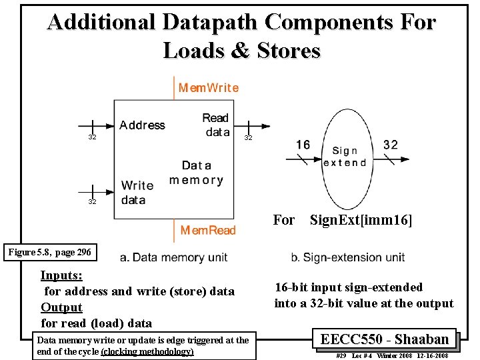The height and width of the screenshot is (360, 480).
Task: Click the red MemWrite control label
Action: click(208, 87)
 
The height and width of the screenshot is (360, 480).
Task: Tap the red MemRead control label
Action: click(208, 230)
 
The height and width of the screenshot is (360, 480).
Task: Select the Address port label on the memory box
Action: click(142, 125)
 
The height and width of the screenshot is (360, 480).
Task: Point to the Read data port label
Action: click(216, 125)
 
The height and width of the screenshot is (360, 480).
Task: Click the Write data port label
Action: click(137, 193)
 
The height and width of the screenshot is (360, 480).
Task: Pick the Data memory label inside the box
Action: click(196, 172)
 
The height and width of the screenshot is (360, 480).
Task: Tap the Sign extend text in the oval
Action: click(345, 157)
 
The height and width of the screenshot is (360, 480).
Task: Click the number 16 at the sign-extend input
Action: click(303, 145)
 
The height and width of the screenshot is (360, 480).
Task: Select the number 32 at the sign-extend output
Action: click(391, 144)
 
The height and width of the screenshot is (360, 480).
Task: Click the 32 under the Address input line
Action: click(92, 137)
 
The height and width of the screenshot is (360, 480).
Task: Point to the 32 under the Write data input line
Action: click(92, 201)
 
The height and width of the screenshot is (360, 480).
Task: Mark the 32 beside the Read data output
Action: click(248, 137)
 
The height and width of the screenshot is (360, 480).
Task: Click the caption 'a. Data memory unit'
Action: click(174, 257)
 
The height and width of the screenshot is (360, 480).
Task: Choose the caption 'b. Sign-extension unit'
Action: click(347, 257)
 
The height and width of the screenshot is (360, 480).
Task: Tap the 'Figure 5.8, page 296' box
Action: click(50, 252)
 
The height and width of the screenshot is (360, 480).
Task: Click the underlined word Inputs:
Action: click(61, 275)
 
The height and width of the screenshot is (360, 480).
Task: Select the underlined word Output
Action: click(61, 307)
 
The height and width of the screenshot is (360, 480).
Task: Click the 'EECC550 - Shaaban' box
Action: click(384, 339)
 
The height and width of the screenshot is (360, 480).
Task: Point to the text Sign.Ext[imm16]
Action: click(361, 219)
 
